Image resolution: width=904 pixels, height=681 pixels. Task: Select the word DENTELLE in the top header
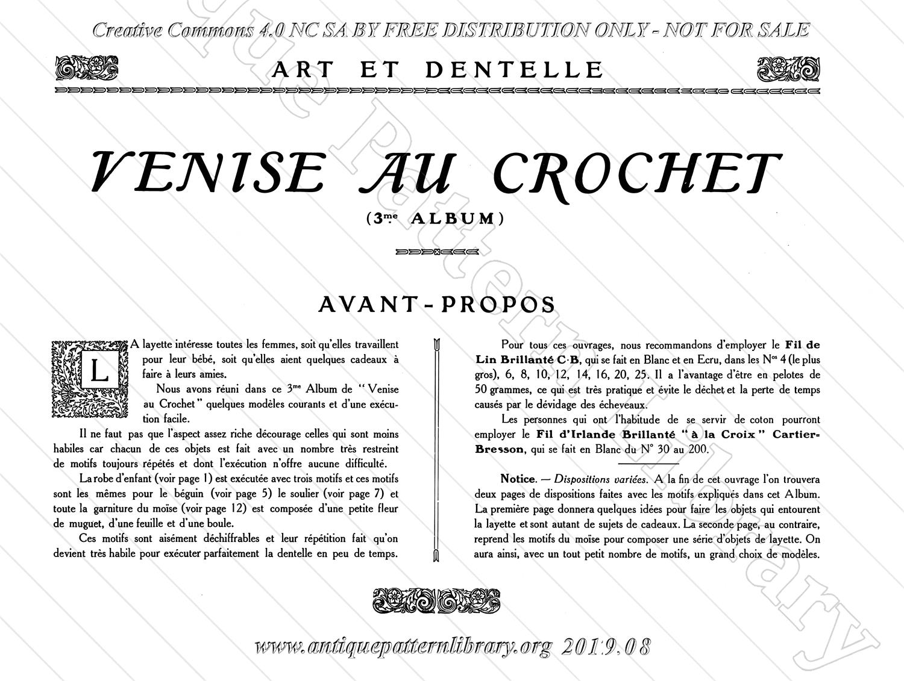[514, 70]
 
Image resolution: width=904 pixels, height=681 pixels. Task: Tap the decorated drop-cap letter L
[98, 372]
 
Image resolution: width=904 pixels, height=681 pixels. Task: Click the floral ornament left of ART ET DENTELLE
[87, 68]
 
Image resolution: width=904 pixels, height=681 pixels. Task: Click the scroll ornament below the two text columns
[436, 600]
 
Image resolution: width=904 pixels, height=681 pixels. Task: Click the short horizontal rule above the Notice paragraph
[648, 464]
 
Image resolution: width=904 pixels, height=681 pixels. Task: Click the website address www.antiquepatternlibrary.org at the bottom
[403, 647]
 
